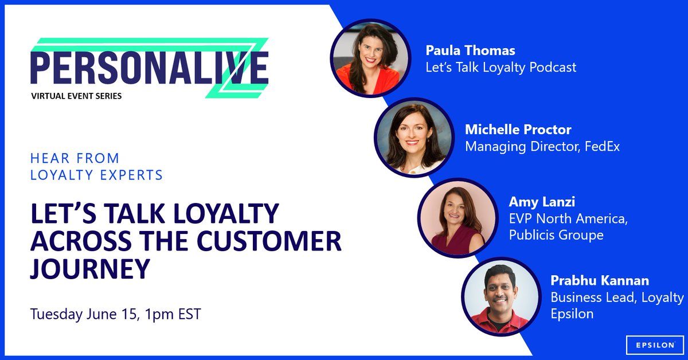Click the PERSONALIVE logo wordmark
coord(149,68)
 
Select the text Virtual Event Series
coord(76,96)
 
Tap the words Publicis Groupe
coord(556,234)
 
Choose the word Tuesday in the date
coord(56,315)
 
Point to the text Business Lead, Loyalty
coord(617,298)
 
